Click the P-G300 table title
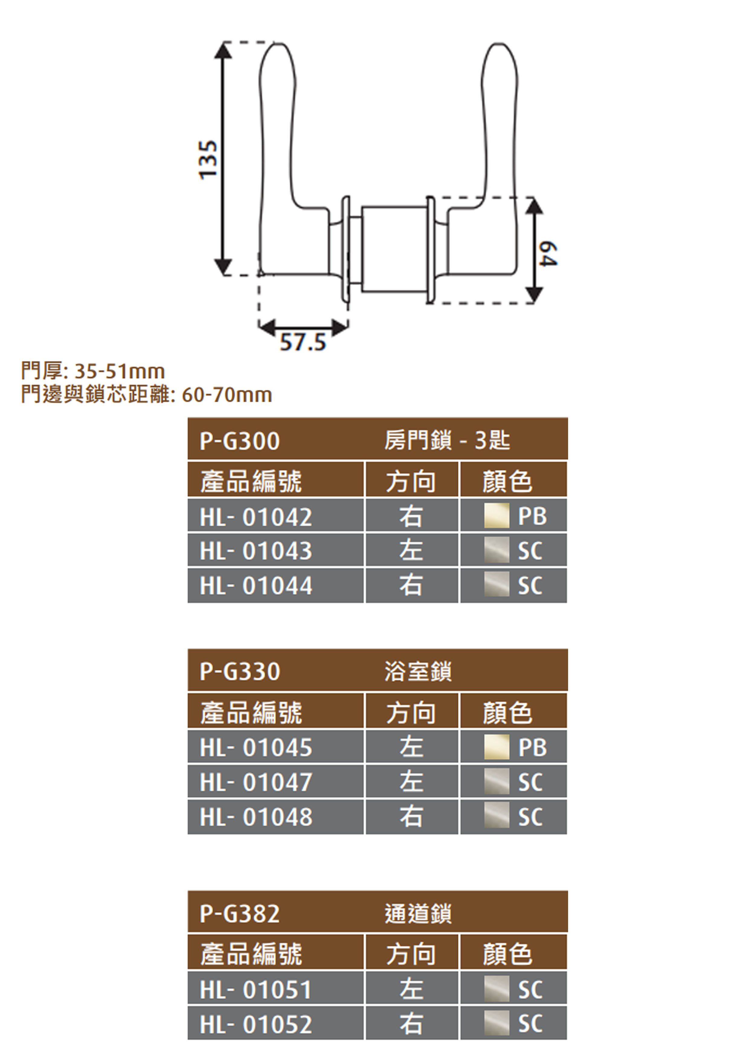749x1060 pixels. (x=239, y=441)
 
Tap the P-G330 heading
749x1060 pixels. (x=239, y=671)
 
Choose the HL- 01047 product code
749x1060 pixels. (x=256, y=782)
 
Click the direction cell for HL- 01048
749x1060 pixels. (x=411, y=817)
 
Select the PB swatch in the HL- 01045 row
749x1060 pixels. (x=497, y=747)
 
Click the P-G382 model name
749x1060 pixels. (x=239, y=914)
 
